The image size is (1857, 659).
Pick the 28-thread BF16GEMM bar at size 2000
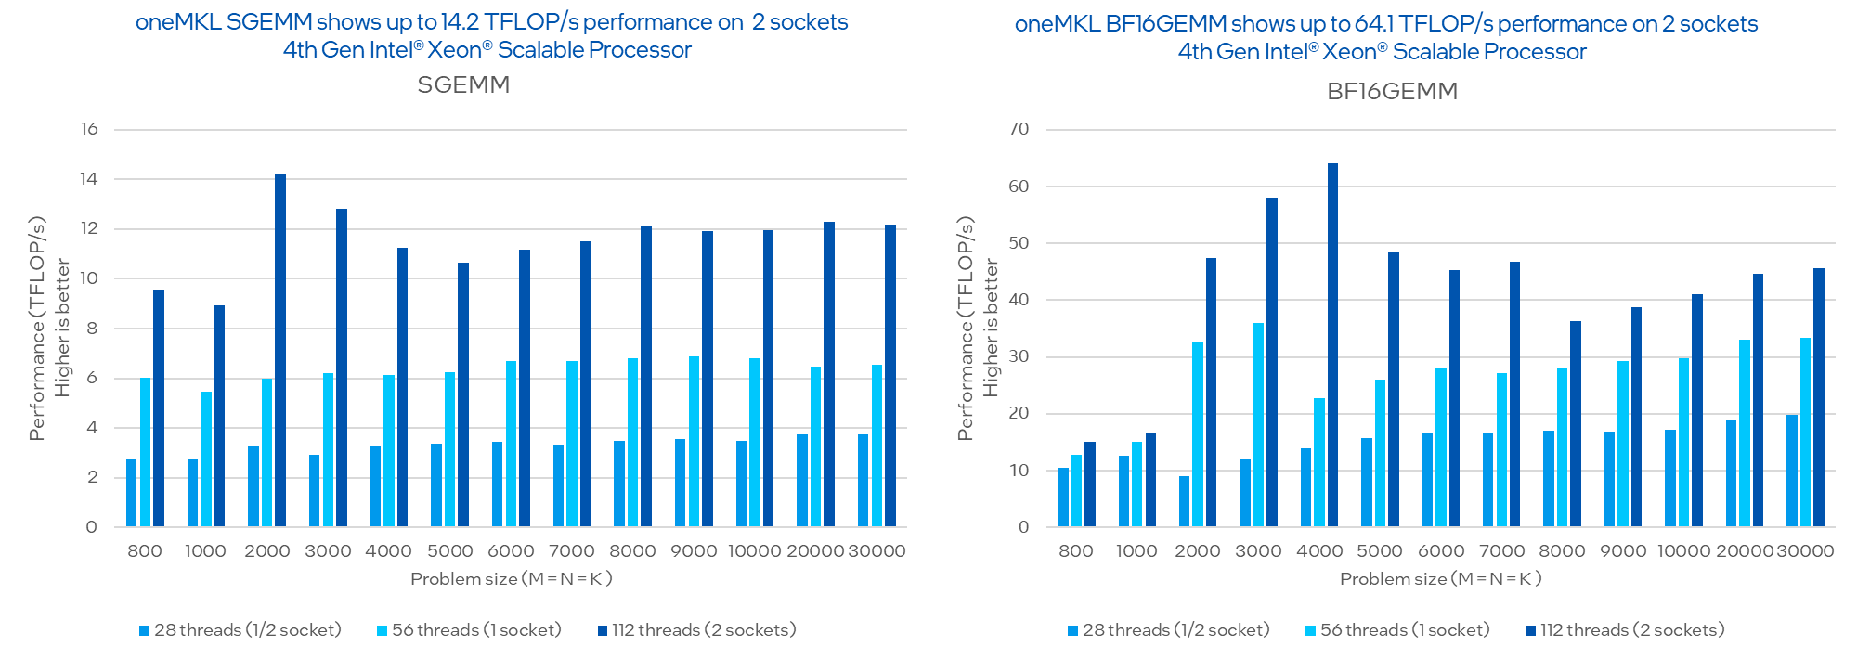point(1184,501)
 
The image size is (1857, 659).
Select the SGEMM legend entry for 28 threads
point(240,630)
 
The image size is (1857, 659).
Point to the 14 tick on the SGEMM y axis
point(89,179)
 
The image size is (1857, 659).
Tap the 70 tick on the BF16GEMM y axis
point(1019,129)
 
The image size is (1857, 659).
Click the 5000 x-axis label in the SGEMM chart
point(449,551)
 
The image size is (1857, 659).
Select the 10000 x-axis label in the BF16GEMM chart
point(1683,551)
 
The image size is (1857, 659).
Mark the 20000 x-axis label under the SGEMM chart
point(815,551)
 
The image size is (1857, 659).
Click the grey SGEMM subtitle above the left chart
point(463,85)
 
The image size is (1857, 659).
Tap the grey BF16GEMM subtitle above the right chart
point(1392,92)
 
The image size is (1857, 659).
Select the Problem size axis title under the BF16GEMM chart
point(1440,579)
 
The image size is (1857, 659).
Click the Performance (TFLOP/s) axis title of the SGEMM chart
point(37,329)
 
